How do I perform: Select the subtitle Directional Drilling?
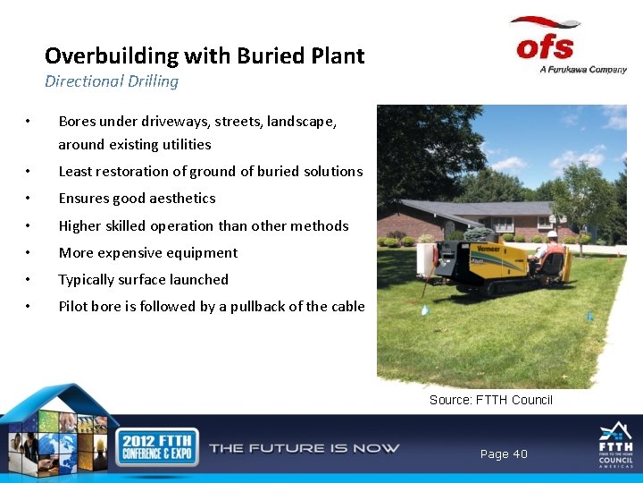(x=112, y=81)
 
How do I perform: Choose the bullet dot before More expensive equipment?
(x=29, y=253)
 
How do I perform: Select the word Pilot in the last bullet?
(x=73, y=306)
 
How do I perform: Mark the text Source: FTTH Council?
(x=490, y=400)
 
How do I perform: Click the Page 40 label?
(x=504, y=454)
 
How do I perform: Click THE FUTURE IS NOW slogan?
(x=304, y=448)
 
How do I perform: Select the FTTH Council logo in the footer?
(x=615, y=445)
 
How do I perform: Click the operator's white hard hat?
(x=552, y=235)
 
